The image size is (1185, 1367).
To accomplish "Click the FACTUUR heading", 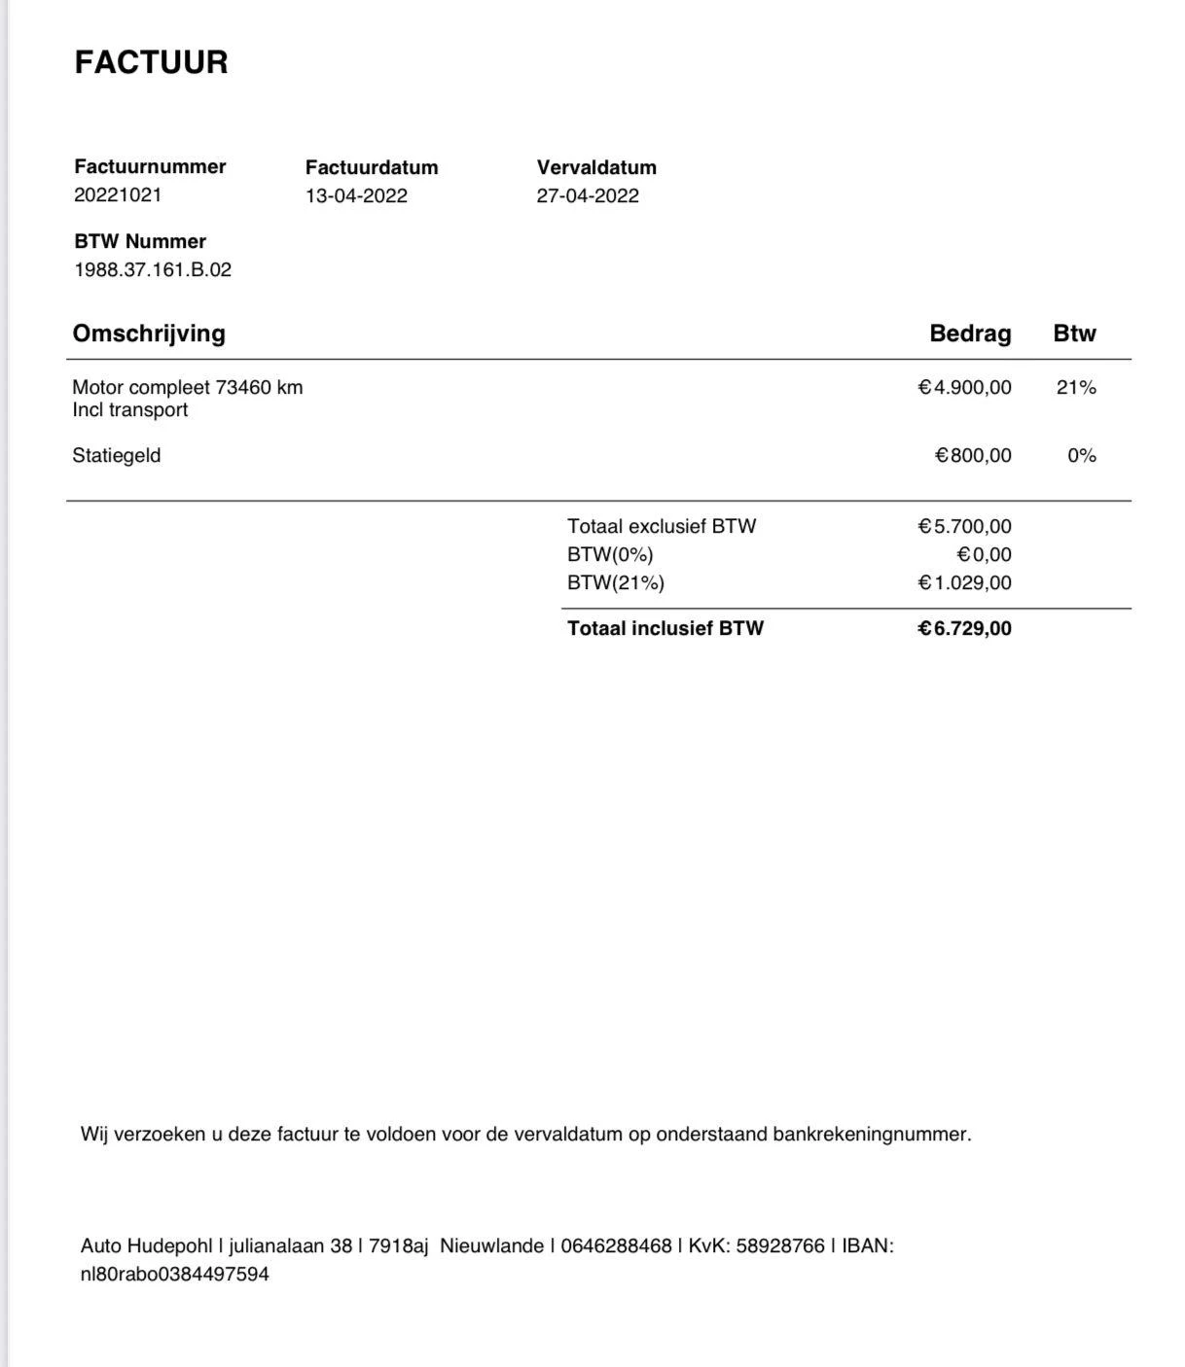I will click(x=151, y=62).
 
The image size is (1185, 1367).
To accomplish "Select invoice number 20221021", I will click(x=118, y=194).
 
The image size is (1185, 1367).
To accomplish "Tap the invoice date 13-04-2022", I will click(x=356, y=195).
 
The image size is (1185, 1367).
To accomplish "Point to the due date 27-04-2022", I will click(x=588, y=195).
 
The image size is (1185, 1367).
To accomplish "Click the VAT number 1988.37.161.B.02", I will click(x=153, y=269).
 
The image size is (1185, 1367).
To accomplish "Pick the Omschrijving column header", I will click(x=149, y=333).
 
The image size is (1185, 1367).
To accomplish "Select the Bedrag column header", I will click(x=970, y=333).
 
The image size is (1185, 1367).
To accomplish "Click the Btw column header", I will click(x=1074, y=333).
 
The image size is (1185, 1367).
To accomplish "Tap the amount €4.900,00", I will click(x=964, y=387).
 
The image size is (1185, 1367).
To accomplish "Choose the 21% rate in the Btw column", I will click(x=1076, y=387).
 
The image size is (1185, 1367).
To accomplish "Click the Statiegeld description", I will click(x=117, y=455).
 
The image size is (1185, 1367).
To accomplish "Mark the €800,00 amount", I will click(x=973, y=455).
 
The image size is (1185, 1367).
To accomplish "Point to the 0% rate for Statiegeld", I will click(x=1081, y=455).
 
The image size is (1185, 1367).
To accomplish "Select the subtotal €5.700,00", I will click(x=964, y=526).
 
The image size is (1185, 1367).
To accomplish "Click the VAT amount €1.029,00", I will click(x=964, y=582).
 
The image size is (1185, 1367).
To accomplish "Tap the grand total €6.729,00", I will click(x=964, y=628).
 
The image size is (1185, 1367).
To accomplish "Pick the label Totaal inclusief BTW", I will click(x=665, y=628).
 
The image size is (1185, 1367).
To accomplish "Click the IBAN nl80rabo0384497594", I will click(x=175, y=1274).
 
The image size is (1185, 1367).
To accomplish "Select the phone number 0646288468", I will click(x=616, y=1245).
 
